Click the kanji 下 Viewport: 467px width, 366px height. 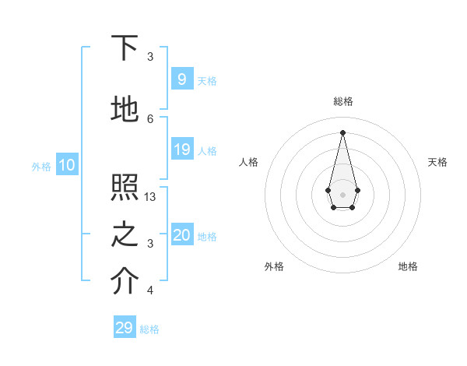click(x=125, y=48)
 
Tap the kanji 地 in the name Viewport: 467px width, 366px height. click(x=125, y=111)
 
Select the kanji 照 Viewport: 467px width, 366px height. click(x=125, y=188)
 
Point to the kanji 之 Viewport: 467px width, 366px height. click(x=125, y=235)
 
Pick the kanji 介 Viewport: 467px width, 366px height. click(x=125, y=282)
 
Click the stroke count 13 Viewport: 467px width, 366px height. click(x=151, y=197)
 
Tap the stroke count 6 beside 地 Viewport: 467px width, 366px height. click(x=150, y=118)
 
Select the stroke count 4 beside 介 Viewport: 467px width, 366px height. click(x=150, y=290)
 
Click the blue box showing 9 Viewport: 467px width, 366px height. click(x=181, y=79)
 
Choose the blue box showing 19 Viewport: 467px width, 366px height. click(x=181, y=150)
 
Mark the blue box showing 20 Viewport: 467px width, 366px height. click(x=181, y=235)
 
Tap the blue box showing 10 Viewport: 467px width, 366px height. click(x=66, y=165)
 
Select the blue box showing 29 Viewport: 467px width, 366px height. click(x=125, y=328)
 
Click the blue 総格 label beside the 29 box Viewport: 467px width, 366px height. click(x=149, y=329)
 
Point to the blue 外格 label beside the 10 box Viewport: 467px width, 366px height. click(x=41, y=166)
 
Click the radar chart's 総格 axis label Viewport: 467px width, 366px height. click(x=342, y=101)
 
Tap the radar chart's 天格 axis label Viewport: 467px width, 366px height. click(x=437, y=162)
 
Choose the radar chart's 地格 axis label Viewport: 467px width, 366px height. click(x=408, y=266)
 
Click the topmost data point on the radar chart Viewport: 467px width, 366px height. click(x=342, y=132)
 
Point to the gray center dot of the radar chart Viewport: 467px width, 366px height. click(x=342, y=193)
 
